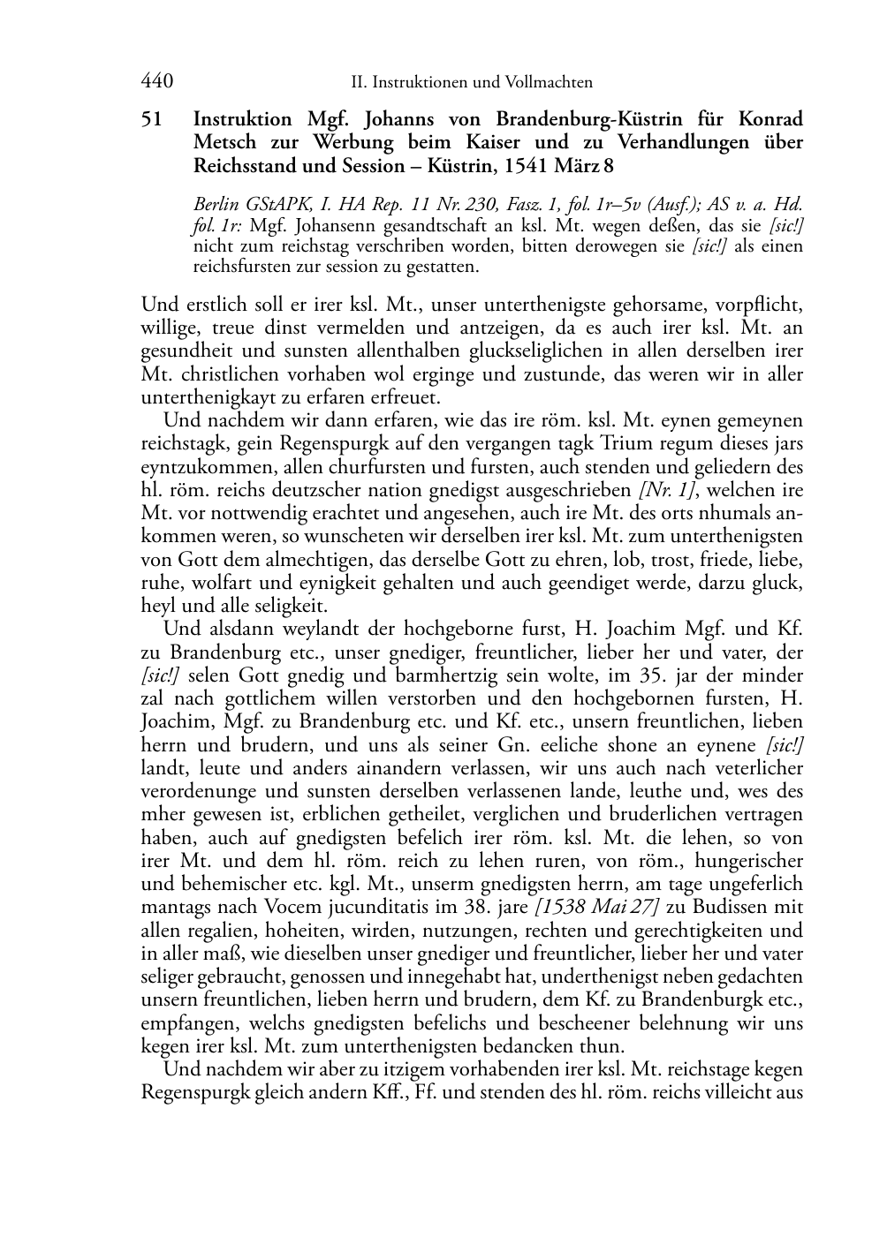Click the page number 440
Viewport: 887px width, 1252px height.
click(156, 82)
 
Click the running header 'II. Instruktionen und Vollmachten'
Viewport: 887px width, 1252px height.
click(471, 83)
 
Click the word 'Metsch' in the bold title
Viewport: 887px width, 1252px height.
click(224, 141)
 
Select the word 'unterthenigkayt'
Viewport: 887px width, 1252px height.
click(208, 397)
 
